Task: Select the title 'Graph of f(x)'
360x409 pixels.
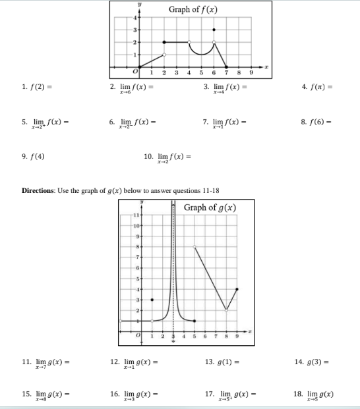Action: (x=193, y=9)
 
